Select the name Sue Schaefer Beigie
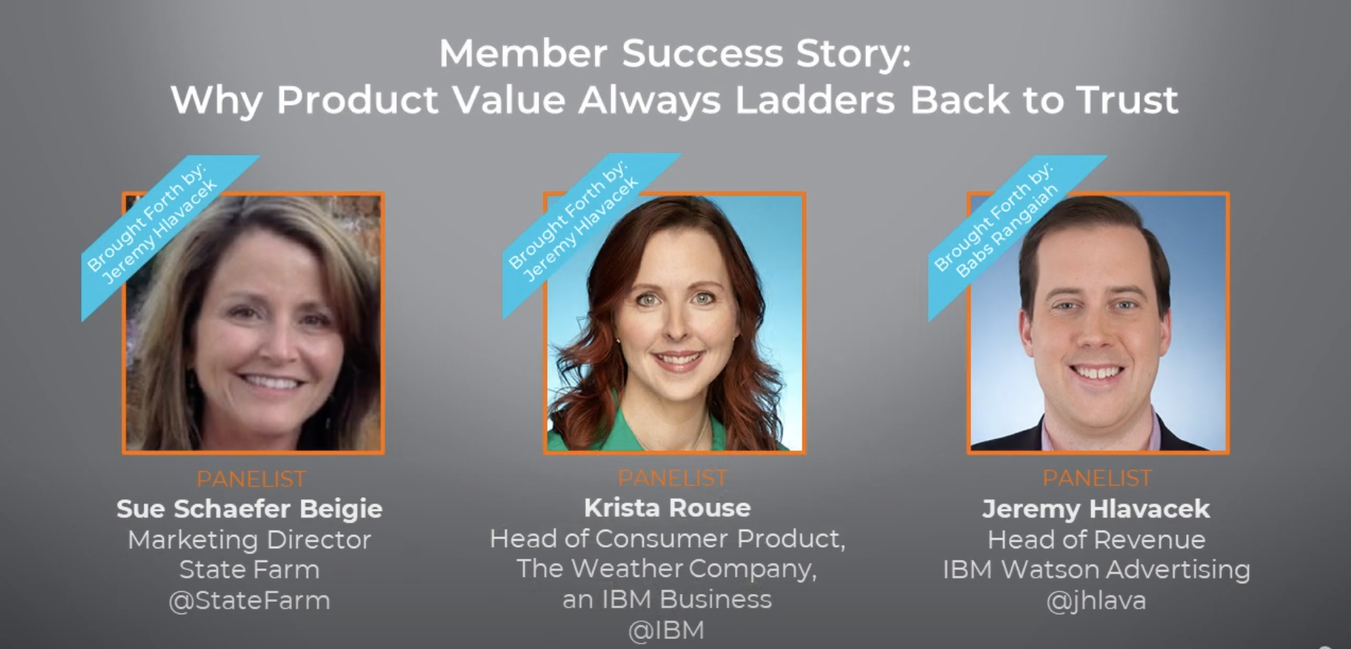(249, 509)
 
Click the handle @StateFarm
(249, 600)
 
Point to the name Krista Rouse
(667, 508)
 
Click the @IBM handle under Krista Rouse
(666, 630)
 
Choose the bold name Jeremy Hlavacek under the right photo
(1096, 509)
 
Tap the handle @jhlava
(1096, 600)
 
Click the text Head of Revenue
(1096, 540)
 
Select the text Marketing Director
(249, 540)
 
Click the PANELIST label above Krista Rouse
(672, 478)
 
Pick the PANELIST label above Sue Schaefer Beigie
(251, 479)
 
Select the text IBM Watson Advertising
(1096, 570)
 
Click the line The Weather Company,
(666, 569)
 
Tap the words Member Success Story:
(675, 53)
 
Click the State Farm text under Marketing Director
(249, 570)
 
